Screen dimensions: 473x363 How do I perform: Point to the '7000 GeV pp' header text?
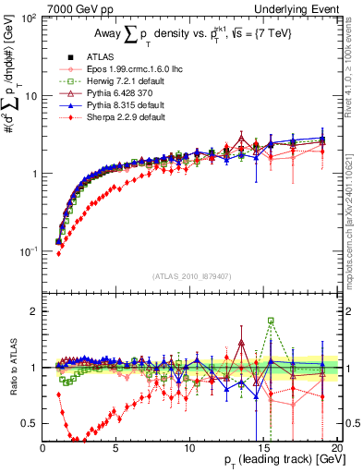tap(77, 8)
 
